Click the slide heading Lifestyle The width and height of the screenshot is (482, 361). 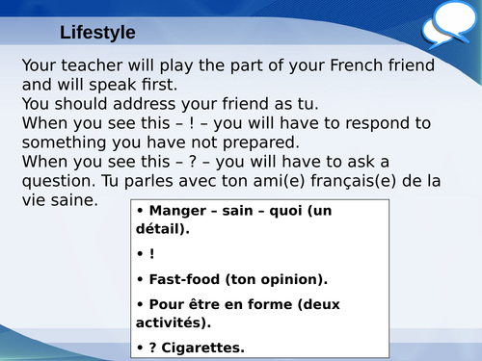pos(96,33)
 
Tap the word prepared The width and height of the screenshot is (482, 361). pos(292,142)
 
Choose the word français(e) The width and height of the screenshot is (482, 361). pos(361,180)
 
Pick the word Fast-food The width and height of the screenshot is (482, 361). pos(183,279)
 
